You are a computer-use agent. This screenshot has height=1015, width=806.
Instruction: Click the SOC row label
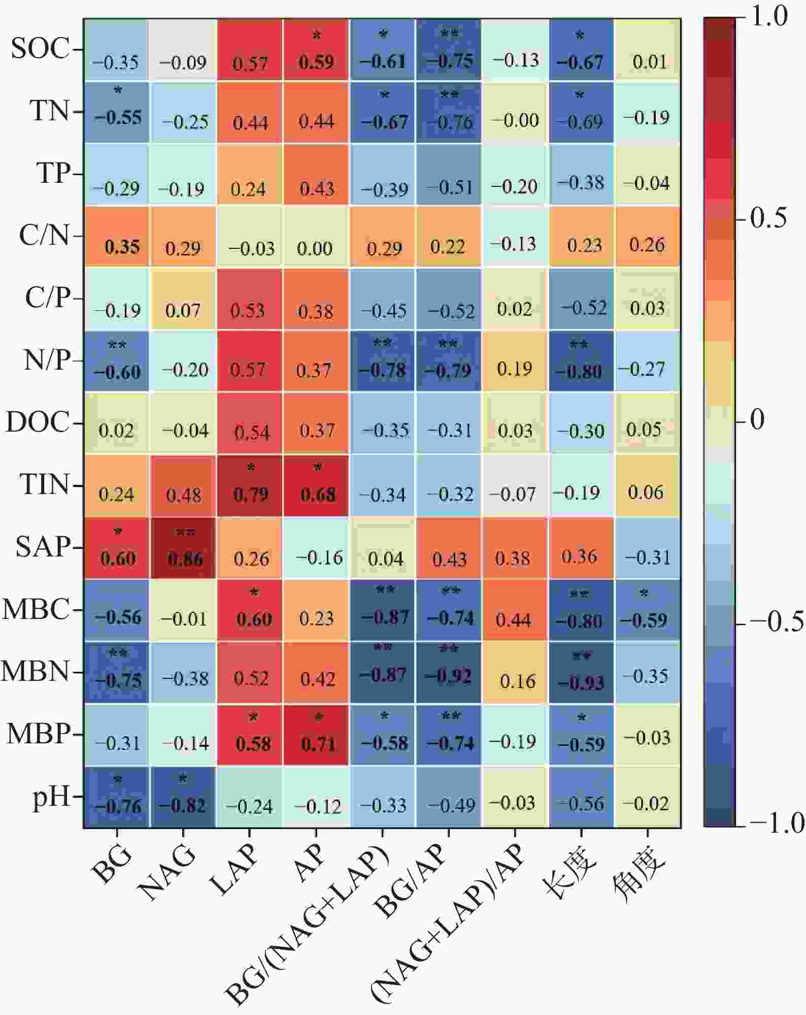pyautogui.click(x=40, y=49)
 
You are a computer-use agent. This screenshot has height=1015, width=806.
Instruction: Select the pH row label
pyautogui.click(x=51, y=797)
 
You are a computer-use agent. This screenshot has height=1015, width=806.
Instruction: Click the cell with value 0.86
pyautogui.click(x=183, y=548)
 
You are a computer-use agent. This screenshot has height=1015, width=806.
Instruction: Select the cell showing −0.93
pyautogui.click(x=581, y=673)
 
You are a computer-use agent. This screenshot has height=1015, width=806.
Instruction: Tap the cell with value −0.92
pyautogui.click(x=448, y=673)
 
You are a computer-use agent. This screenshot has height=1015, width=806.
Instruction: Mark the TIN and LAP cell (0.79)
pyautogui.click(x=249, y=486)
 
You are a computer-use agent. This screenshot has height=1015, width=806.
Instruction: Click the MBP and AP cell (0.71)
pyautogui.click(x=316, y=735)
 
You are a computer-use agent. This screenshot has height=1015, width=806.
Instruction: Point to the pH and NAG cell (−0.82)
pyautogui.click(x=183, y=797)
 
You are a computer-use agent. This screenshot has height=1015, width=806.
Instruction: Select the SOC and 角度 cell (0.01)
pyautogui.click(x=647, y=50)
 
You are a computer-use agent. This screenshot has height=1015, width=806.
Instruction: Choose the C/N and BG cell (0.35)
pyautogui.click(x=117, y=237)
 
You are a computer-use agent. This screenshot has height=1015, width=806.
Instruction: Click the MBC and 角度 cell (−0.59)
pyautogui.click(x=647, y=610)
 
